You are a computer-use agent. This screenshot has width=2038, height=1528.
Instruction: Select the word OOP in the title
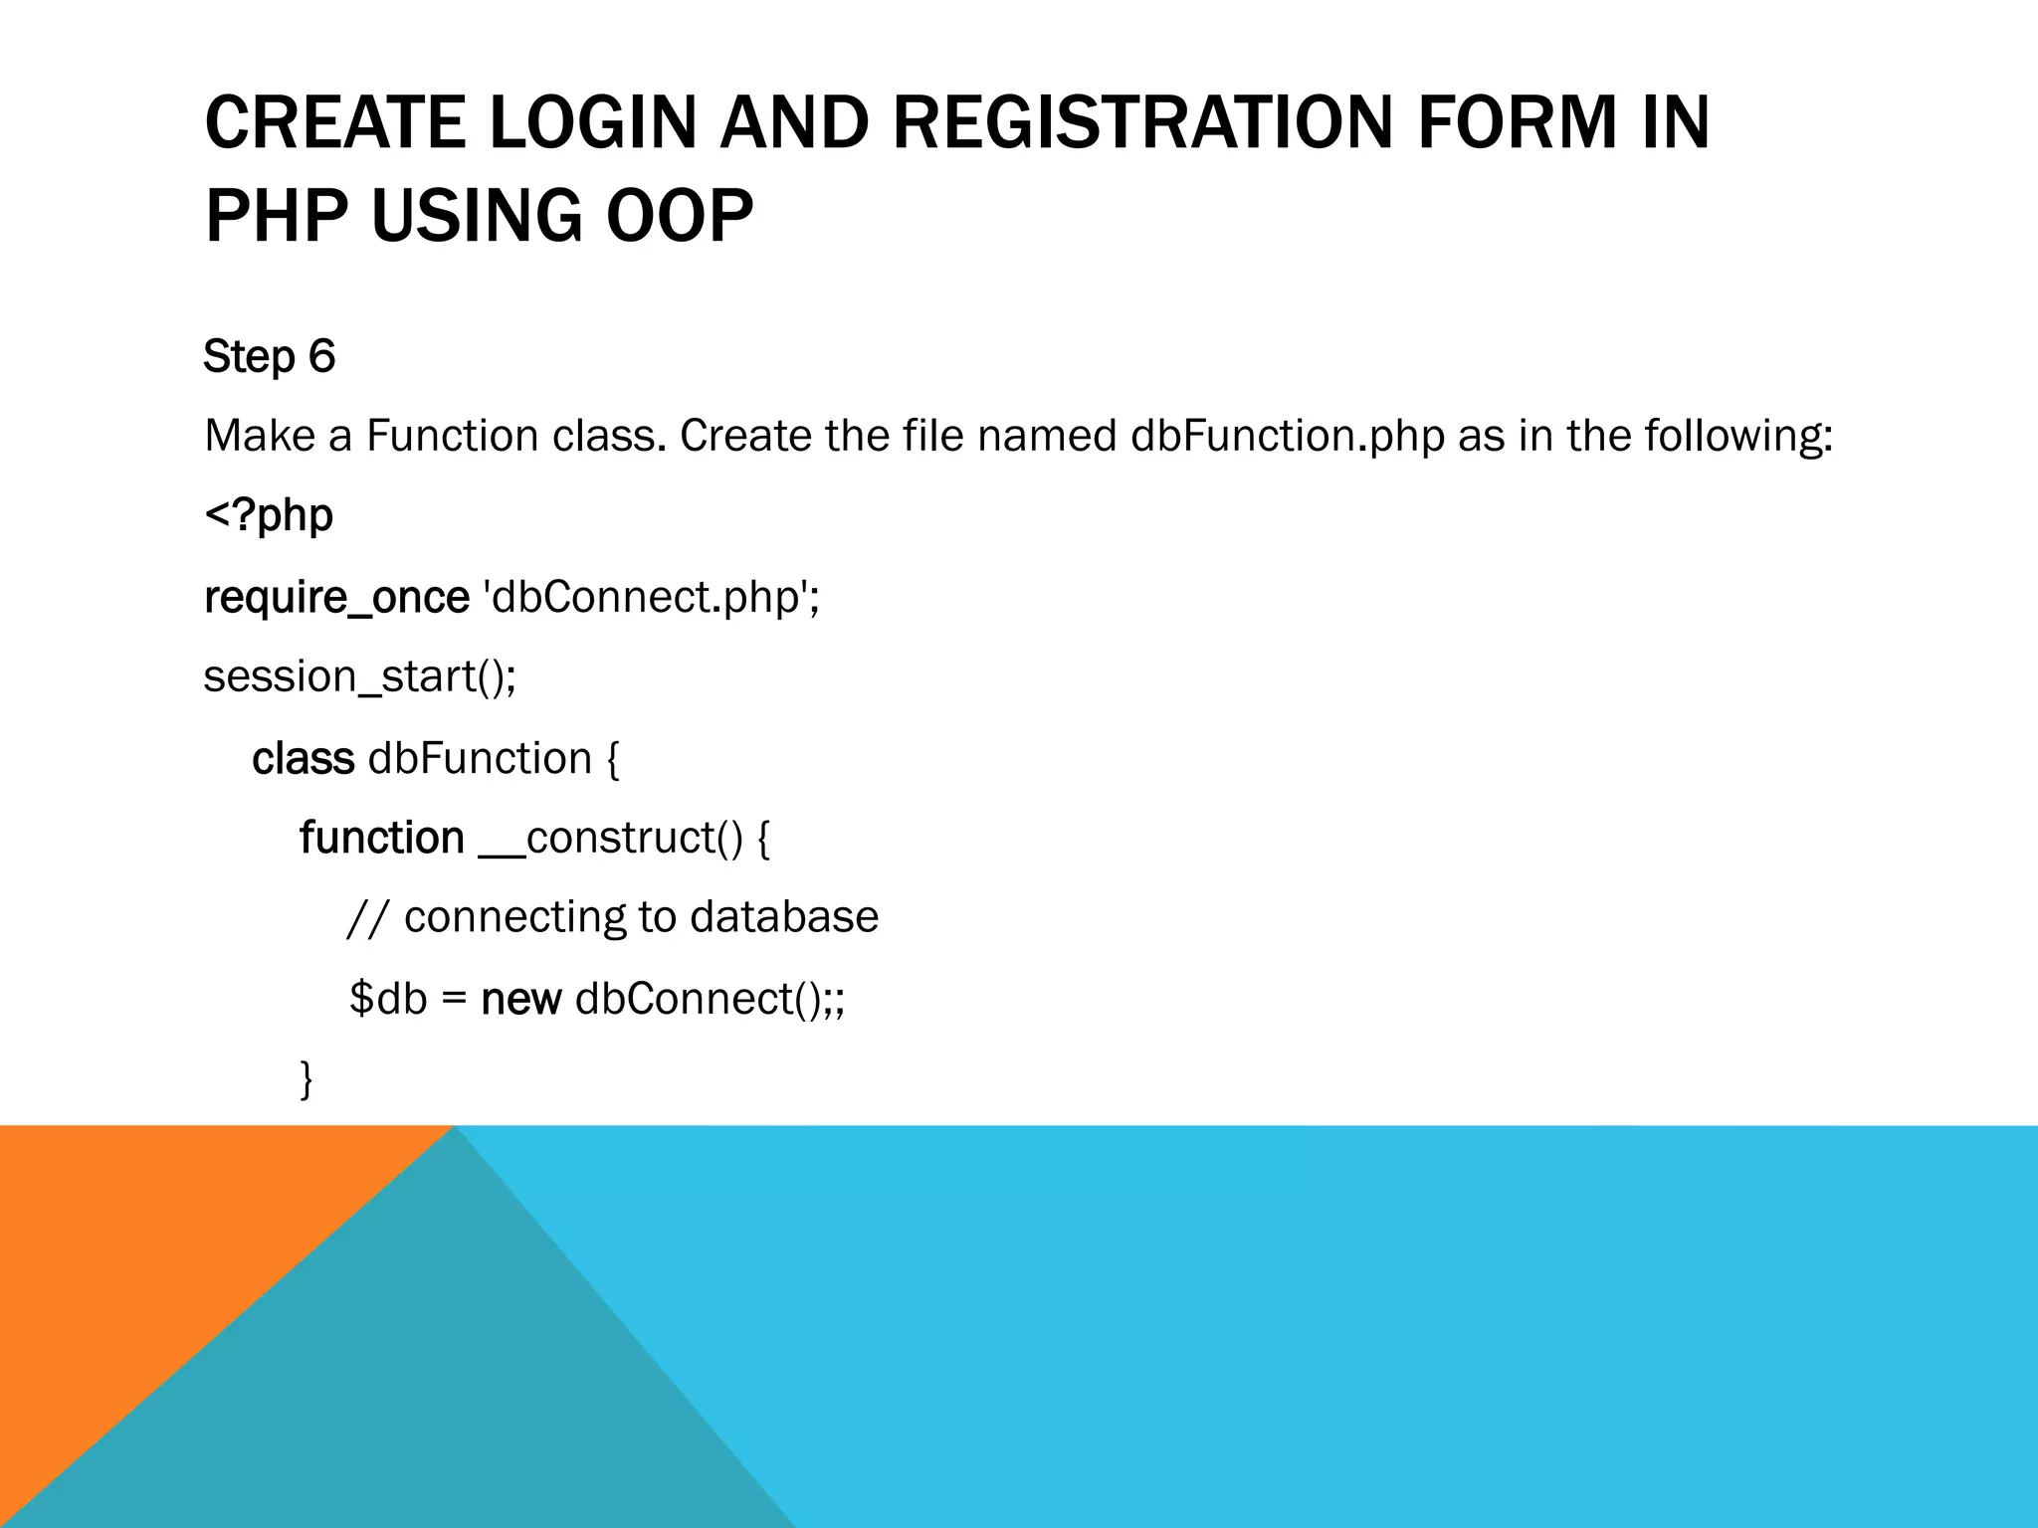(680, 216)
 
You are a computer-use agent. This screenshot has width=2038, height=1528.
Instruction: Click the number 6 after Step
(321, 356)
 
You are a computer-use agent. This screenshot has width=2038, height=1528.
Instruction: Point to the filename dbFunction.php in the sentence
(1288, 436)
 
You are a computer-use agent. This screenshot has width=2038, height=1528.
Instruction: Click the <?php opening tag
(269, 516)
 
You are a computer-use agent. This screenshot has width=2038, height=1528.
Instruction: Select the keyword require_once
(336, 598)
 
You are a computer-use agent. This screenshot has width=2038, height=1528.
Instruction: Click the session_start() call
(359, 677)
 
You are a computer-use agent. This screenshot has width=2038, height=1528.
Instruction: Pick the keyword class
(303, 759)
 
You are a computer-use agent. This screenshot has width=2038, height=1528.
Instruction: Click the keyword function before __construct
(382, 839)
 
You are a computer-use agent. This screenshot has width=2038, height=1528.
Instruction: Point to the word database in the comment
(784, 917)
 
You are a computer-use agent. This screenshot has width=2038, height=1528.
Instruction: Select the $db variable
(388, 999)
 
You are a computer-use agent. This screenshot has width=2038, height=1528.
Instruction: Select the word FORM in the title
(1518, 123)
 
